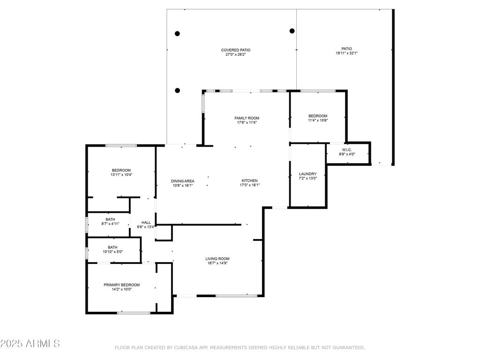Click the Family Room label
247,118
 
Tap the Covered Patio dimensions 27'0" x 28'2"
236,54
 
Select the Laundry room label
307,174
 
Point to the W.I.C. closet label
347,150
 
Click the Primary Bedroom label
121,285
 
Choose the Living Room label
217,259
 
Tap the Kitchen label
249,180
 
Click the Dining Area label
182,181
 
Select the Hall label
146,223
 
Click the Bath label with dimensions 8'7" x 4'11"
110,219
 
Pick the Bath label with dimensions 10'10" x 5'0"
112,247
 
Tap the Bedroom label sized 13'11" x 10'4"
121,171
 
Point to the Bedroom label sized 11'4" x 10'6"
318,116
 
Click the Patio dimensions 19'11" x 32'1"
346,53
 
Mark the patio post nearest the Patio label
292,31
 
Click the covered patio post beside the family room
177,90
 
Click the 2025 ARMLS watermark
30,344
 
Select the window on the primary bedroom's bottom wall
134,313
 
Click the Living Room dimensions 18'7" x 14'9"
217,263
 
